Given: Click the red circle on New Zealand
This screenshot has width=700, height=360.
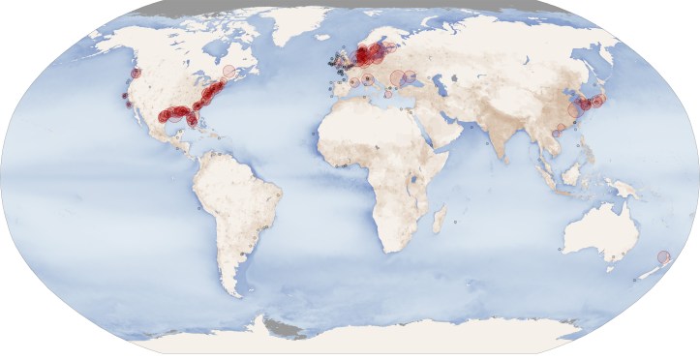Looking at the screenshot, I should pos(663,256).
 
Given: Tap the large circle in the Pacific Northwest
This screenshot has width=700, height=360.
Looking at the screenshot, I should pos(135,73).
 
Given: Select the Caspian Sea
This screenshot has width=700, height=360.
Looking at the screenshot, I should pos(437,88).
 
